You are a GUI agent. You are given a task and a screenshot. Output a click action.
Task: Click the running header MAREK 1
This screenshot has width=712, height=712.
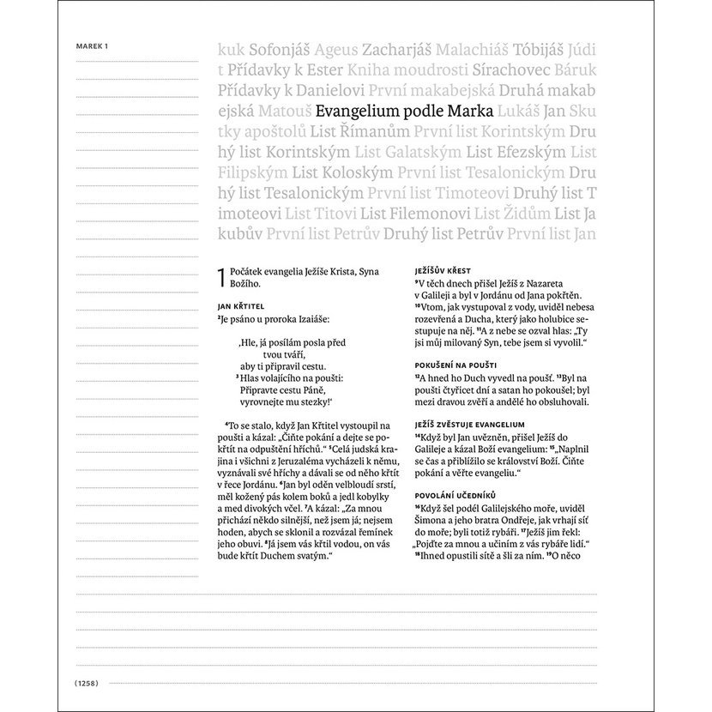coord(94,46)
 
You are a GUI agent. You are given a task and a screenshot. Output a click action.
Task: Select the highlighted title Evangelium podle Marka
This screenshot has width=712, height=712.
coord(404,111)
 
